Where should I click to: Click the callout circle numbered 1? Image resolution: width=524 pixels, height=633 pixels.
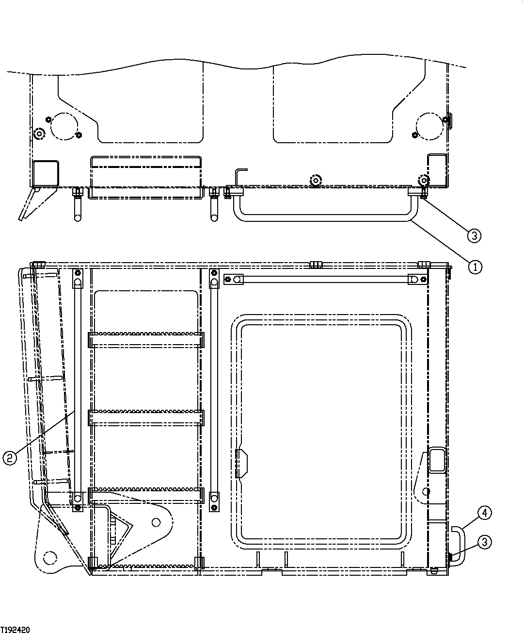pyautogui.click(x=475, y=267)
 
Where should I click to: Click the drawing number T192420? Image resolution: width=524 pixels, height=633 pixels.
pyautogui.click(x=16, y=629)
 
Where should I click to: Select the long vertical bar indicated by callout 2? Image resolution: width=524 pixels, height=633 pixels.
pyautogui.click(x=77, y=388)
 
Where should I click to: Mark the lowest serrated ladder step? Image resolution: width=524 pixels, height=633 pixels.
pyautogui.click(x=146, y=563)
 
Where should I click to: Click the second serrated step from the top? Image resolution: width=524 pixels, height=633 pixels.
pyautogui.click(x=146, y=417)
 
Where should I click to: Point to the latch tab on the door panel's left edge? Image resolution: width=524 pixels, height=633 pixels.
pyautogui.click(x=241, y=463)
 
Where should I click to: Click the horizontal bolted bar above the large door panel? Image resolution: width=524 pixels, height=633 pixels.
pyautogui.click(x=325, y=280)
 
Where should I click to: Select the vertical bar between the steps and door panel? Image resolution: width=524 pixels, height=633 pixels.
pyautogui.click(x=214, y=388)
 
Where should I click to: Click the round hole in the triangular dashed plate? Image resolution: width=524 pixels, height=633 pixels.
pyautogui.click(x=155, y=522)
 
